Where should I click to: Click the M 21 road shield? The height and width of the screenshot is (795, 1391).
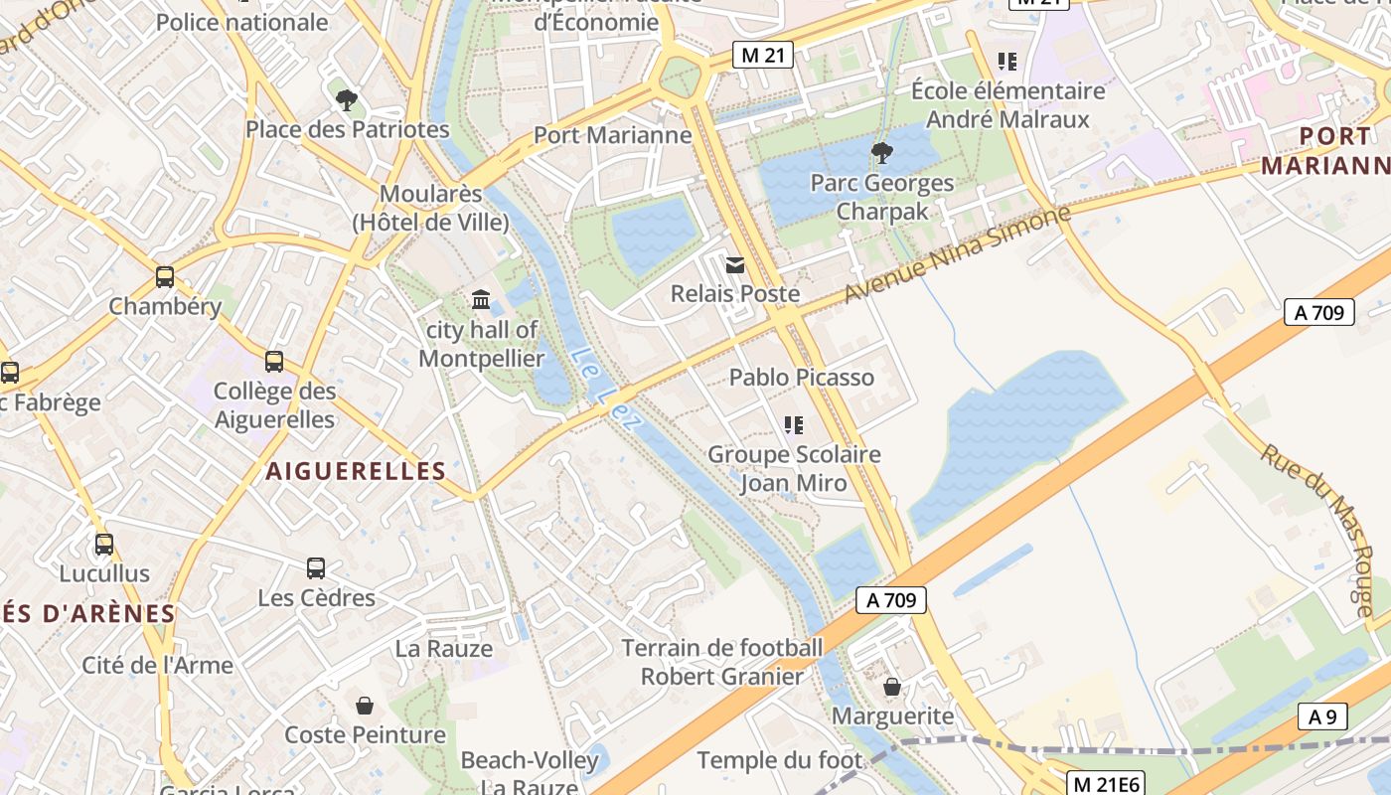tap(762, 56)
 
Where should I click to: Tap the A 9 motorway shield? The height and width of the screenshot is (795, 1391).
tap(1322, 716)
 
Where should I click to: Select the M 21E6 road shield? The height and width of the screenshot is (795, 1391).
tap(1107, 784)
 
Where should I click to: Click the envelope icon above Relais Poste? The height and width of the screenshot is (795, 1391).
tap(735, 265)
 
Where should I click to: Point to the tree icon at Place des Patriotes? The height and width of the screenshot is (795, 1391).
tap(347, 99)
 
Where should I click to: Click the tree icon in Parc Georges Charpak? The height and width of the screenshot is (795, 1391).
tap(881, 153)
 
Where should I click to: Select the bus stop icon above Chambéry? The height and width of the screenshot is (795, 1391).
tap(165, 277)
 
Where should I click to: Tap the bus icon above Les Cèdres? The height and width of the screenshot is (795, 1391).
tap(316, 568)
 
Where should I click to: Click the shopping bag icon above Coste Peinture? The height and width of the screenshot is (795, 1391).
tap(365, 706)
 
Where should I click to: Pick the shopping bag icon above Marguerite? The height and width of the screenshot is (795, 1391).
tap(892, 687)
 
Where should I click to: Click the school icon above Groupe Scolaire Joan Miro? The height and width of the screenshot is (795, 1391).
tap(793, 425)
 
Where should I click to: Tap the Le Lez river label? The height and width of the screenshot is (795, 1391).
tap(607, 390)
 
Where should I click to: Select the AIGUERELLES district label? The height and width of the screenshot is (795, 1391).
tap(356, 471)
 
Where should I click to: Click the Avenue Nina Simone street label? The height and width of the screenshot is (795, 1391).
tap(957, 254)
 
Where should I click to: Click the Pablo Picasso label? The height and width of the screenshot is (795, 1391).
tap(802, 378)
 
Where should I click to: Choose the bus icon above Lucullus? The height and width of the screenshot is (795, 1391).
tap(104, 545)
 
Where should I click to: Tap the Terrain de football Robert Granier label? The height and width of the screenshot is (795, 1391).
tap(722, 663)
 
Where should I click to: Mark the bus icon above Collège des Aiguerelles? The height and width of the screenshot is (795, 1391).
tap(274, 362)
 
